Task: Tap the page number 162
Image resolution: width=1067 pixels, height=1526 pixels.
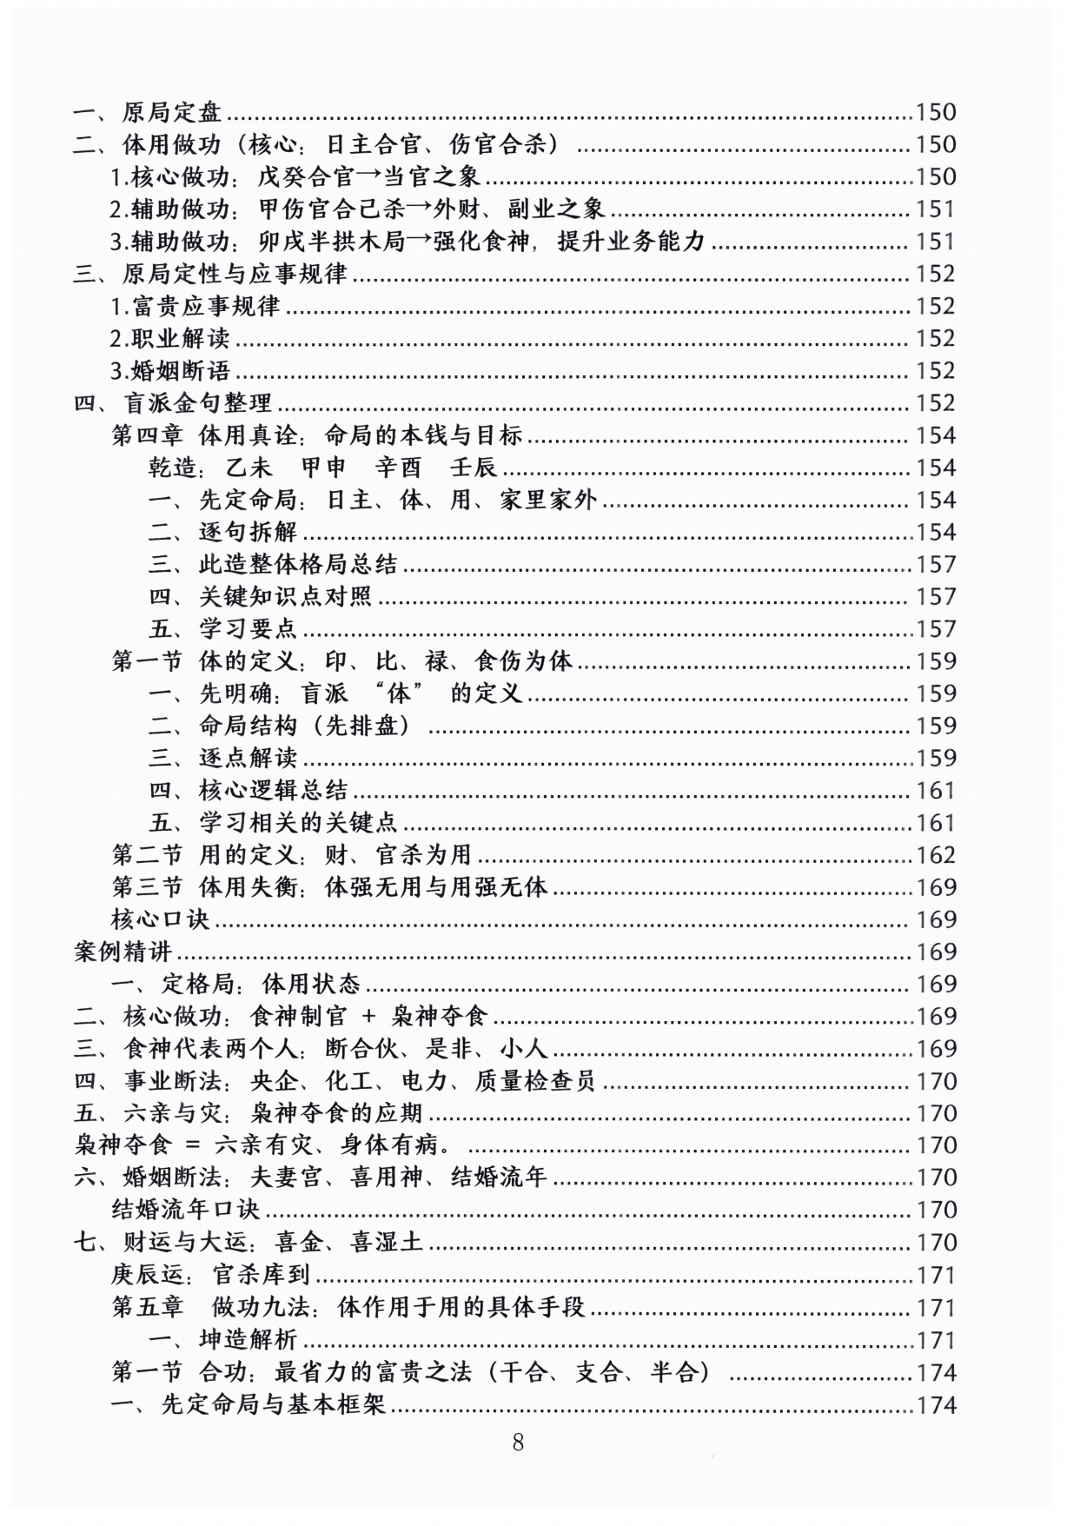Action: (x=936, y=855)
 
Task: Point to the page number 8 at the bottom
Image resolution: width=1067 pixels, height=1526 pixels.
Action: (x=519, y=1443)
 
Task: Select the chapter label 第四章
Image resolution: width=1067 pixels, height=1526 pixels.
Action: (x=146, y=435)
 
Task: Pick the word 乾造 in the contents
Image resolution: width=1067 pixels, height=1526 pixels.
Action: (x=174, y=468)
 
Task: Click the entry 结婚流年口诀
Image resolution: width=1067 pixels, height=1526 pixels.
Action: (x=185, y=1210)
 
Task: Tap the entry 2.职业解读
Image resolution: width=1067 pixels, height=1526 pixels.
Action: (x=169, y=338)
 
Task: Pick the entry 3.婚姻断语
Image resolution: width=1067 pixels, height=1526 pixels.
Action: (x=169, y=371)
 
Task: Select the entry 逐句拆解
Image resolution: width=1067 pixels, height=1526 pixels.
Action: (x=248, y=532)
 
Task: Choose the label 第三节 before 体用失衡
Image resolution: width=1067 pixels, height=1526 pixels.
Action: (x=146, y=887)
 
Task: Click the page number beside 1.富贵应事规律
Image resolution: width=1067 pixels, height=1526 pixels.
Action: (x=936, y=306)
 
